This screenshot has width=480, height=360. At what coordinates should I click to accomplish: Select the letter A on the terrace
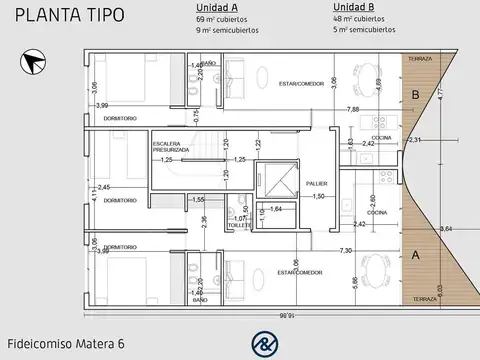point(415,254)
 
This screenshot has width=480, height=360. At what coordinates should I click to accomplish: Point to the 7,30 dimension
point(346,249)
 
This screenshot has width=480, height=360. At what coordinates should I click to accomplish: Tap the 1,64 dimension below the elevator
point(276,208)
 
